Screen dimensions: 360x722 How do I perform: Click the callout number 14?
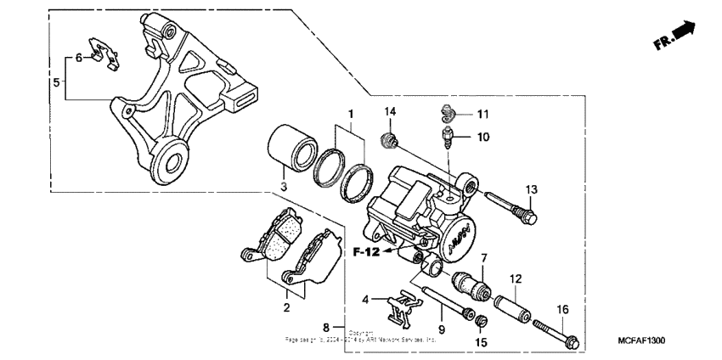(390, 112)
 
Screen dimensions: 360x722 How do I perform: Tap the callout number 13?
(532, 188)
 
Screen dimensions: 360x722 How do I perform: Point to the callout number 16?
(561, 309)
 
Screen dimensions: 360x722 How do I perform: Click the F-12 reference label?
(367, 251)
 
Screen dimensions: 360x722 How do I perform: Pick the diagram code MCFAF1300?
(641, 340)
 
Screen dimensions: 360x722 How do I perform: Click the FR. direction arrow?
(675, 35)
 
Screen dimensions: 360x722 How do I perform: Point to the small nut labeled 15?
(481, 322)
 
